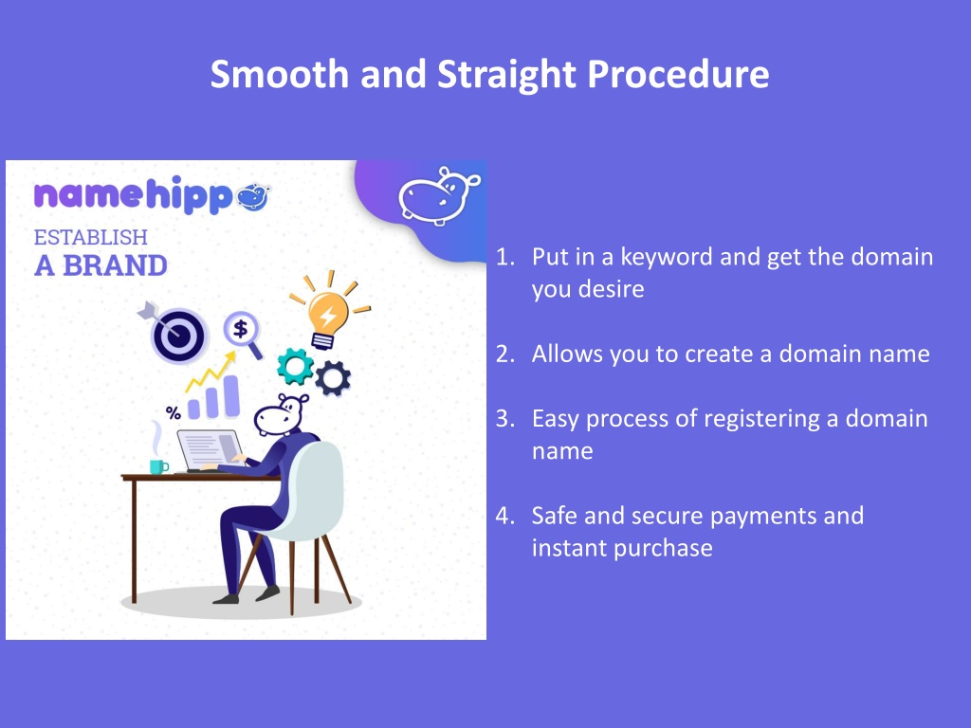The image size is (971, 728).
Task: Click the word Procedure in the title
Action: point(678,74)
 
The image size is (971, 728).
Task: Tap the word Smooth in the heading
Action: point(280,74)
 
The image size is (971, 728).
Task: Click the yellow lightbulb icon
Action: point(329,311)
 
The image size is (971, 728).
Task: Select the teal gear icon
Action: point(295,366)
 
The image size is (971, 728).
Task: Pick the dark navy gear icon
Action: point(333,377)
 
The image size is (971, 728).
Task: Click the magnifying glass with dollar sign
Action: point(243,334)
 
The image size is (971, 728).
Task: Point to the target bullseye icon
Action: point(175,333)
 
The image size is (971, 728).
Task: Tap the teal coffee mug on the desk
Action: point(159,466)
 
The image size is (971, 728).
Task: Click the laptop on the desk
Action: point(211,450)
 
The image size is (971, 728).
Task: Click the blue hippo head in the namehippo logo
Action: point(254,197)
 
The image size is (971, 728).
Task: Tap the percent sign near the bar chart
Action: point(174,413)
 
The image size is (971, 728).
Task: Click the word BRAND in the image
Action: point(115,266)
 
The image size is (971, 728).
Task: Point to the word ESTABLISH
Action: point(90,237)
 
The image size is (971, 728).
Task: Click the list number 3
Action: point(504,419)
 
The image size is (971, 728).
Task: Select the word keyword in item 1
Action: point(667,258)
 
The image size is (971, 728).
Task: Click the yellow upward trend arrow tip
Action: point(232,355)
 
